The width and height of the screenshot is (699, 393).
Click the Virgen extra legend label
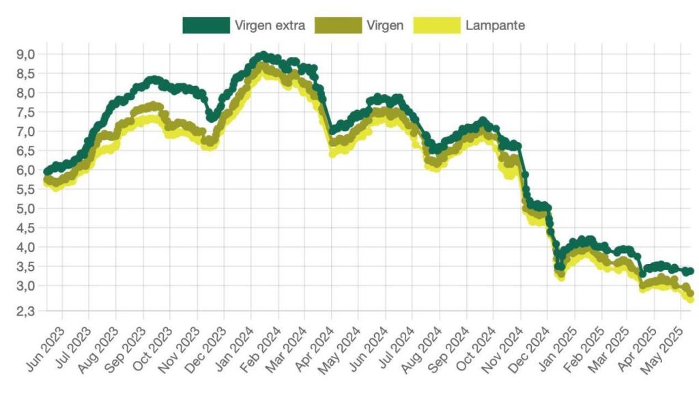[270, 25]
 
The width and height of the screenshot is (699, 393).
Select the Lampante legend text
[495, 25]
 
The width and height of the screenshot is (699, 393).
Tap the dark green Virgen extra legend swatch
[205, 25]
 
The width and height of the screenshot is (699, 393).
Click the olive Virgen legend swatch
[337, 25]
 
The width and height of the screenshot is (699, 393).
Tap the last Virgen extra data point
[690, 272]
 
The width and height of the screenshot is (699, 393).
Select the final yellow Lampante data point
[690, 299]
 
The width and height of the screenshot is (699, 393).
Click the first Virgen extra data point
[46, 171]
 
